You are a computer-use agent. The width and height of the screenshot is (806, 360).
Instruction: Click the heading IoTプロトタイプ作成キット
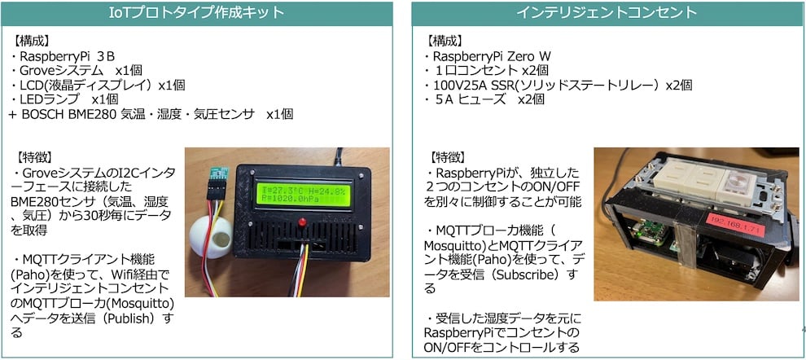coord(196,13)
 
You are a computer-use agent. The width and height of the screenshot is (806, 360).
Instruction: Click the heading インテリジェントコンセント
coord(607,13)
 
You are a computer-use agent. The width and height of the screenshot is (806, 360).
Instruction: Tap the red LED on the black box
coord(303,222)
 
